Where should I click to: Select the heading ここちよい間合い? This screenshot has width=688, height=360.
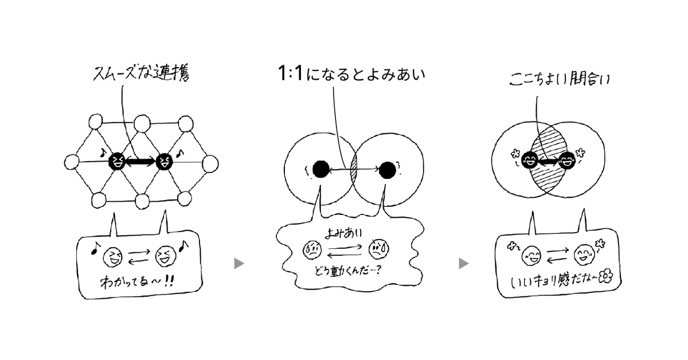tap(559, 79)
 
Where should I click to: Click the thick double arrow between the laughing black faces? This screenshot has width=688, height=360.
tap(140, 162)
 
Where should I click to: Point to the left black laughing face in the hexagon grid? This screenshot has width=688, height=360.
tap(116, 161)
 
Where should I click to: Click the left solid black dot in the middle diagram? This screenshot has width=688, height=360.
tap(320, 169)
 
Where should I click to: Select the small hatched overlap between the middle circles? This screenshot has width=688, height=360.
tap(354, 170)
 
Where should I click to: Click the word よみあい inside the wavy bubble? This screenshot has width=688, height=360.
tap(347, 234)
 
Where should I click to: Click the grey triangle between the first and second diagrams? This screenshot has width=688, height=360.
tap(239, 263)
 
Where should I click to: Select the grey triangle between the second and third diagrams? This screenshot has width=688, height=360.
tap(464, 263)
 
